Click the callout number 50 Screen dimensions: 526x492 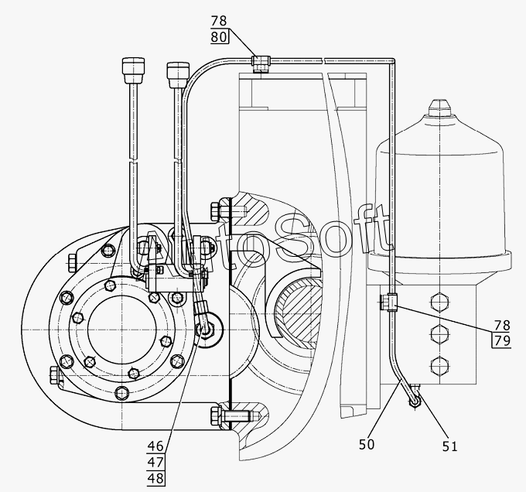coord(367,444)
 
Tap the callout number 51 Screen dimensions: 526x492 coord(450,446)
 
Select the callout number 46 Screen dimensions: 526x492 coord(155,446)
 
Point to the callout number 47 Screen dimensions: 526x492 coord(155,463)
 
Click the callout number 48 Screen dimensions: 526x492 coord(155,479)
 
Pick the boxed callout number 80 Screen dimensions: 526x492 coord(219,36)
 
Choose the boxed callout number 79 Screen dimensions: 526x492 coord(502,340)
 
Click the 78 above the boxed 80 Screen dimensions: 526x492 coord(219,21)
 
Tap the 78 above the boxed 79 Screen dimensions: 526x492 coord(502,326)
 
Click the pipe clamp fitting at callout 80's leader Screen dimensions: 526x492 coord(261,63)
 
